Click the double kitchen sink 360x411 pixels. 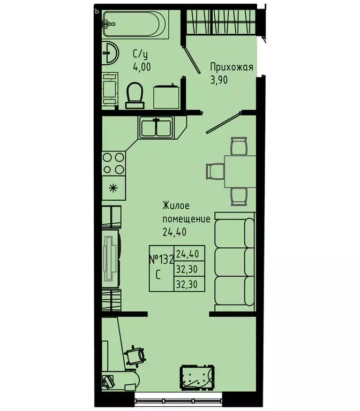click(156, 127)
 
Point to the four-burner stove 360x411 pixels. click(114, 163)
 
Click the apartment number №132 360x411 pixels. click(160, 260)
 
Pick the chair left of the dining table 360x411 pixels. click(214, 171)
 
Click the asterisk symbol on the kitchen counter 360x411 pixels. click(113, 187)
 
